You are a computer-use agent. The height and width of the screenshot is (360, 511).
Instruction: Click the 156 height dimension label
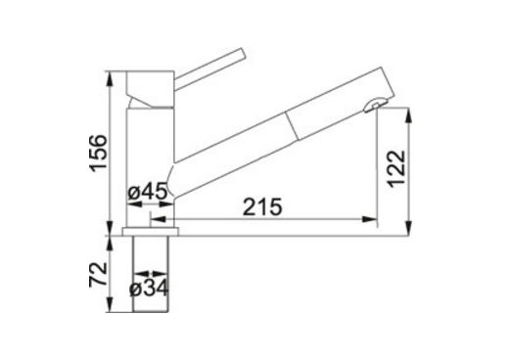tap(99, 153)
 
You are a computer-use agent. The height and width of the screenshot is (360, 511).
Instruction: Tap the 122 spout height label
tap(396, 168)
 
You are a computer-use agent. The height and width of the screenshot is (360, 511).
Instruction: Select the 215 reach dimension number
tap(262, 206)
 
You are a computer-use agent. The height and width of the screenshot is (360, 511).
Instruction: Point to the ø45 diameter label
tap(148, 193)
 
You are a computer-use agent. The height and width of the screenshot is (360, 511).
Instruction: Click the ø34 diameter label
tap(149, 288)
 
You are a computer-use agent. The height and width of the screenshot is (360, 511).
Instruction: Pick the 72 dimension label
tap(98, 274)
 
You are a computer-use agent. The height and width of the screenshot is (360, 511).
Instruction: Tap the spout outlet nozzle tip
tap(375, 105)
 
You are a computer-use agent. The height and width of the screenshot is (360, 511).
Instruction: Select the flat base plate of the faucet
tap(151, 231)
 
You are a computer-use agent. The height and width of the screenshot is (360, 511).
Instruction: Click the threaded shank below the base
tap(151, 274)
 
